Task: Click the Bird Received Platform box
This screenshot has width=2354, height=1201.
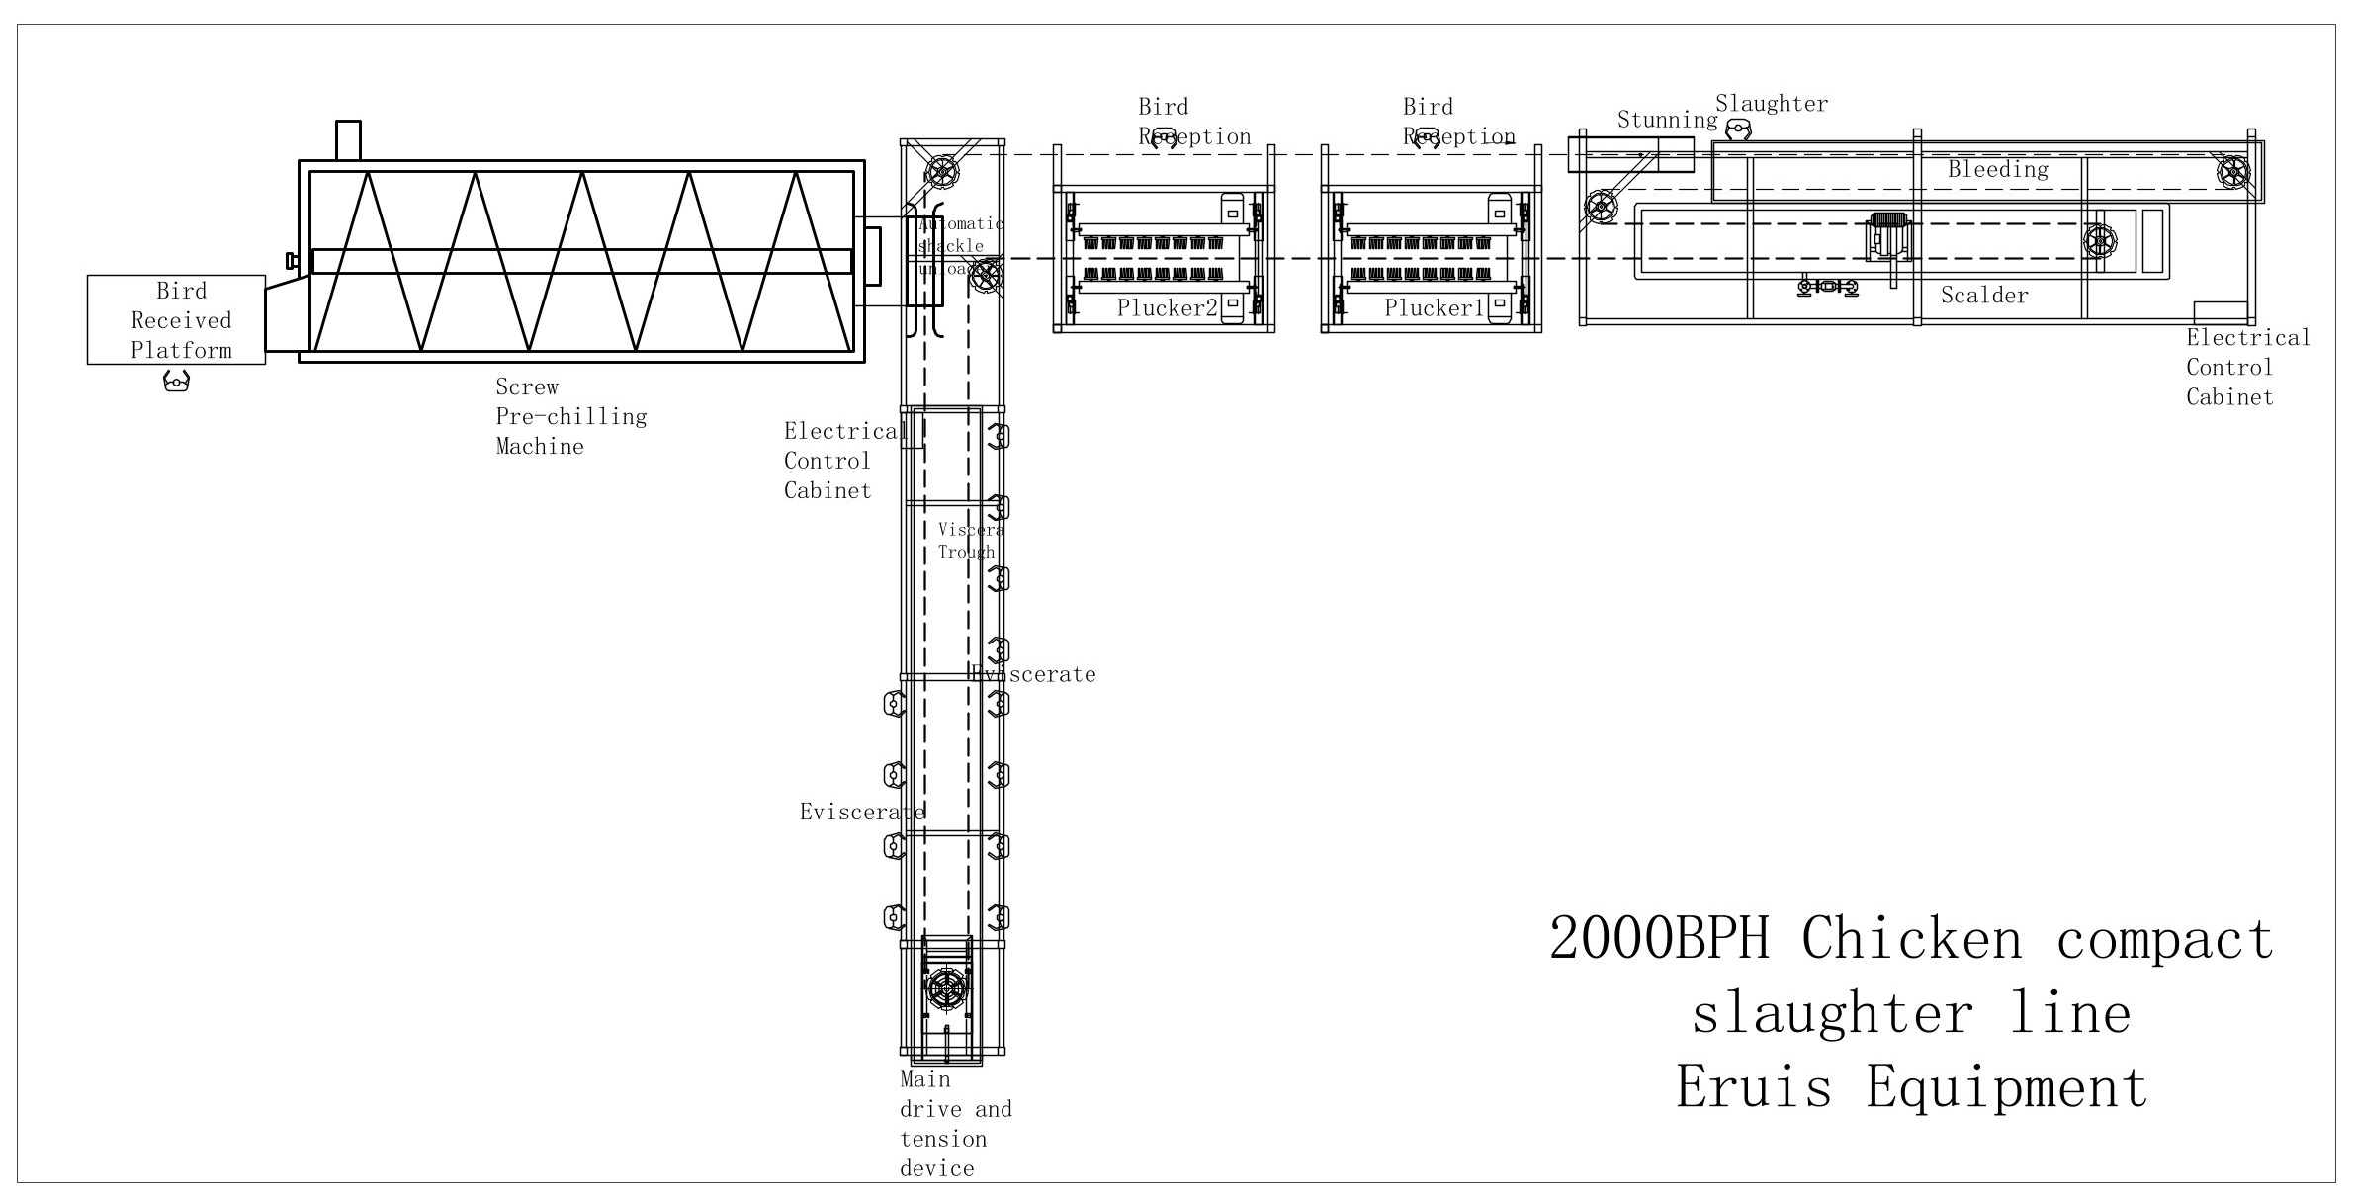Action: (x=176, y=319)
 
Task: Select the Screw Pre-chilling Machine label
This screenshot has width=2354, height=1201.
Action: (x=570, y=416)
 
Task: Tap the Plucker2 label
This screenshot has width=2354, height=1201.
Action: (x=1167, y=308)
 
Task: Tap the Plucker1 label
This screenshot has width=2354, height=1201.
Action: (x=1434, y=308)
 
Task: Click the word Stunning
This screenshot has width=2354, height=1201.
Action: (x=1667, y=121)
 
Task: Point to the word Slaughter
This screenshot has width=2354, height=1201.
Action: (x=1771, y=104)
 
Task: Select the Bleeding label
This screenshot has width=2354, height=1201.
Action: (x=1997, y=170)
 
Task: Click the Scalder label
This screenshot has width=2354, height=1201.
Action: (x=1983, y=296)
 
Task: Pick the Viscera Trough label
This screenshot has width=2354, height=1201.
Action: (x=970, y=541)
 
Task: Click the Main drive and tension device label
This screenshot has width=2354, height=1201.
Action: (x=954, y=1124)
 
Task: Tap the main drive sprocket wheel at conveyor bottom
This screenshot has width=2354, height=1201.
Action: (x=946, y=988)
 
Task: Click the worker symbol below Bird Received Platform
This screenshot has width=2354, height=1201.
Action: (x=176, y=381)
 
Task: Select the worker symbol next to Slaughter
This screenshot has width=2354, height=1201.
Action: (x=1737, y=129)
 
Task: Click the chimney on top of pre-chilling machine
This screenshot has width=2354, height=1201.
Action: (x=348, y=139)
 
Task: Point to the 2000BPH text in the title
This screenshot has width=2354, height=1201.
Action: (x=1658, y=939)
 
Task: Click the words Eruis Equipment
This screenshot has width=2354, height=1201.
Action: (x=1911, y=1087)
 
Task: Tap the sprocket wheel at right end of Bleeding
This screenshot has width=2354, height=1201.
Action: (x=2232, y=172)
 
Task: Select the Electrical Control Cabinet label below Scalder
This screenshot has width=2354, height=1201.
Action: (x=2246, y=368)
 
